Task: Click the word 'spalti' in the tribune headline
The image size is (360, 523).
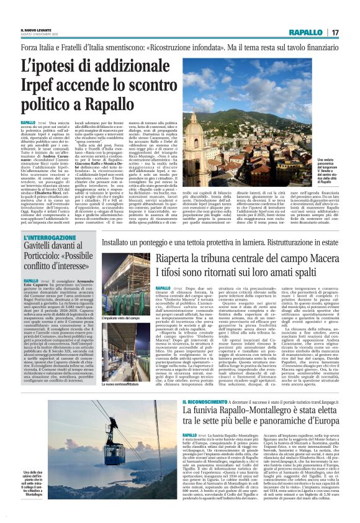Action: click(x=306, y=273)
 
